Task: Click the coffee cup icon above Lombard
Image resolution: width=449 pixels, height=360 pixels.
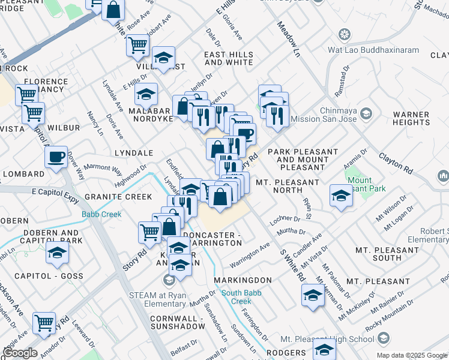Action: click(x=56, y=157)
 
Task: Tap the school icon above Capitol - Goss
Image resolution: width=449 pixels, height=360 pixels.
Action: click(x=57, y=253)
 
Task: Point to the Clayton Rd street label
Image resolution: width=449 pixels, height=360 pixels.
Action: click(x=395, y=163)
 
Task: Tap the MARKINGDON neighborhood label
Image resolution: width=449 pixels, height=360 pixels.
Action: click(x=241, y=280)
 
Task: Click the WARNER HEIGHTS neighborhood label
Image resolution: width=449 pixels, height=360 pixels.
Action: click(x=420, y=118)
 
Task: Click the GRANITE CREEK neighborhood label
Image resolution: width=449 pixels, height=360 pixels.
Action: click(x=118, y=196)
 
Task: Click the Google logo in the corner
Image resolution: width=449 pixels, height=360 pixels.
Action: click(x=20, y=353)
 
